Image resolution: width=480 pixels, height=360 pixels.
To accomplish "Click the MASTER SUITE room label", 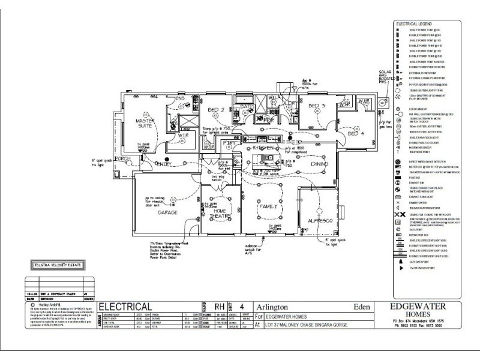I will coord(146,124).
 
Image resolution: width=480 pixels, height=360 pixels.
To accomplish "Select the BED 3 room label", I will coord(316,106).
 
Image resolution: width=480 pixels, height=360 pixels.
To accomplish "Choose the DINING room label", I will coord(319,163).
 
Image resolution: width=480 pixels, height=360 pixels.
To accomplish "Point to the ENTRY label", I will coord(163,164).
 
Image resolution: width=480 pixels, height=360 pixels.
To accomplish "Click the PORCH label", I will coord(123,159).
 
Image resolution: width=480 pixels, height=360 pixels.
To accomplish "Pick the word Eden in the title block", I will coord(360,305).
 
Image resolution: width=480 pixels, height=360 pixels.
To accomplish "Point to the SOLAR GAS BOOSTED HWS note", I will coord(384,79).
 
